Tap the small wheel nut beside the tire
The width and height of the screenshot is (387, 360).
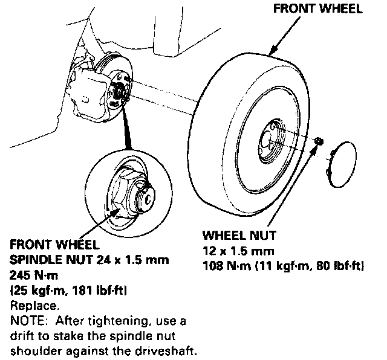pos(319,141)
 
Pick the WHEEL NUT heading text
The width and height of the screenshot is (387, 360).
pos(238,236)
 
